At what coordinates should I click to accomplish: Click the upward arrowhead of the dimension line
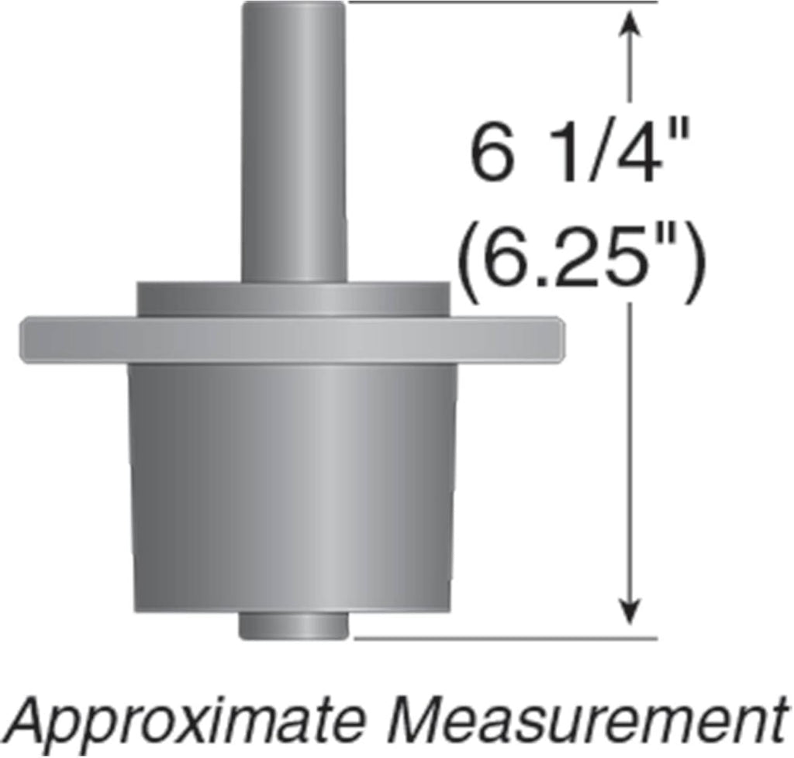[x=630, y=22]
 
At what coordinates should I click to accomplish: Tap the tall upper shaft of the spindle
[x=294, y=142]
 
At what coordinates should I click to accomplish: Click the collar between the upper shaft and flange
[x=293, y=299]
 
